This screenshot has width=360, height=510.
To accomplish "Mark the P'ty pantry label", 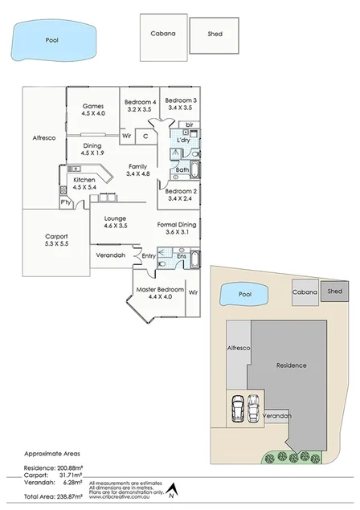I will [65, 190].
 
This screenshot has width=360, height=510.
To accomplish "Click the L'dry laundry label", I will [183, 141].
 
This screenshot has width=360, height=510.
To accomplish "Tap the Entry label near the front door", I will [149, 255].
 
